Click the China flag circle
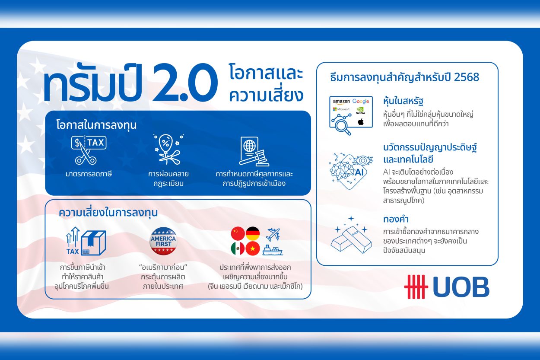point(238,233)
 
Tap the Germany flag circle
point(253,233)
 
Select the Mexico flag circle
point(238,248)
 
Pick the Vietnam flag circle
point(253,248)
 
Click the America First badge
point(163,241)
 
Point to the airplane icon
point(273,234)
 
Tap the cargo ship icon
point(273,250)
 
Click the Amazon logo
point(341,102)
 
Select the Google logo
point(361,101)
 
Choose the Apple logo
point(361,122)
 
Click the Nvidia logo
point(360,111)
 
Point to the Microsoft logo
point(341,109)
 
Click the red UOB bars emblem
point(416,287)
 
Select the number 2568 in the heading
point(467,77)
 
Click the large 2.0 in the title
point(185,83)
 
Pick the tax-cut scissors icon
point(89,150)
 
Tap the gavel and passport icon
point(254,151)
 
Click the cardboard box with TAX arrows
point(86,241)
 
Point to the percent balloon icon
point(168,150)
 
